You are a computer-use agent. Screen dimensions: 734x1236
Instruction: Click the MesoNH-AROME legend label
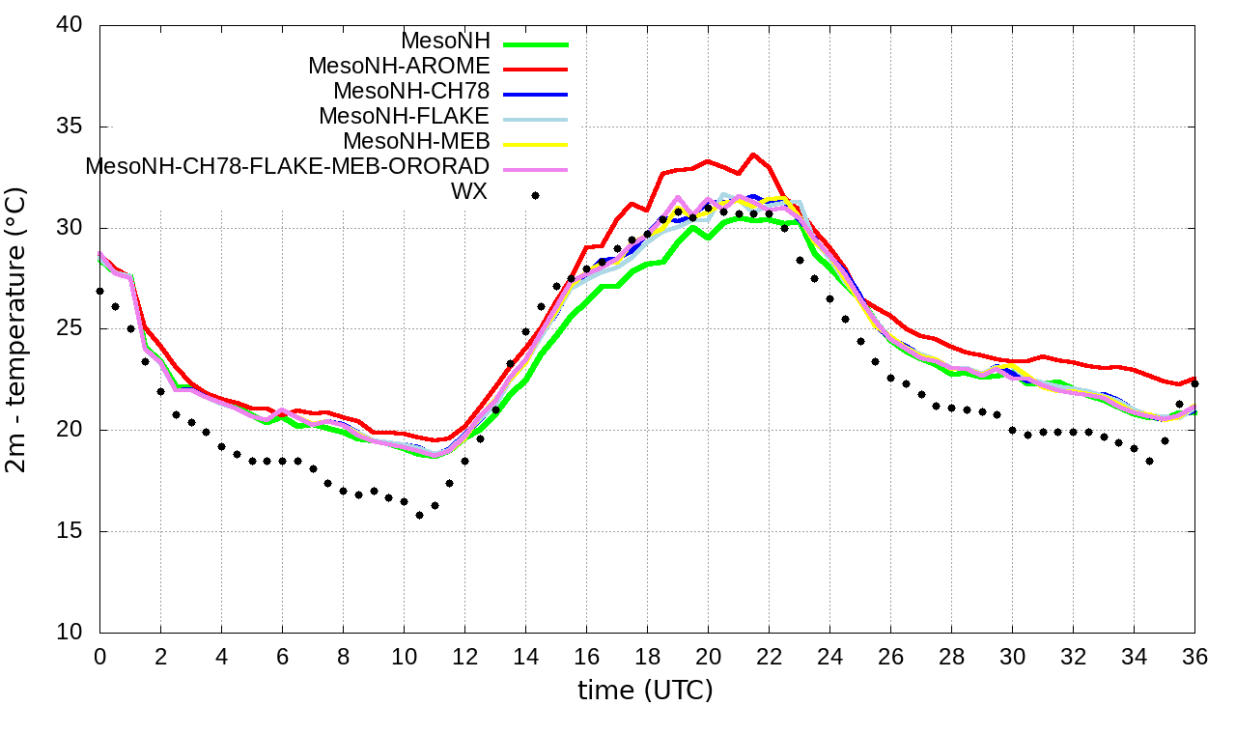[x=399, y=67]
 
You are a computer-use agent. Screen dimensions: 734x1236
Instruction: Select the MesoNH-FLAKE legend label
[x=404, y=117]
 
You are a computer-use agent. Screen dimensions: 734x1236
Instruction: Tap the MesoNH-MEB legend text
[x=417, y=142]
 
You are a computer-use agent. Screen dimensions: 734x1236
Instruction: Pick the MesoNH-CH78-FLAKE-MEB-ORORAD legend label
[x=288, y=166]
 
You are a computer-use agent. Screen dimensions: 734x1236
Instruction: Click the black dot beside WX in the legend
[x=535, y=195]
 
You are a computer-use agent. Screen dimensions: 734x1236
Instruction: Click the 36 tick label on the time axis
[x=1195, y=656]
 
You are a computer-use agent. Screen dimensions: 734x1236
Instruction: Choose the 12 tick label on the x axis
[x=464, y=656]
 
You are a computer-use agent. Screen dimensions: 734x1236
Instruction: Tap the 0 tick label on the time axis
[x=99, y=656]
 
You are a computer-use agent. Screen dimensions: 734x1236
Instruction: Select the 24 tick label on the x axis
[x=829, y=656]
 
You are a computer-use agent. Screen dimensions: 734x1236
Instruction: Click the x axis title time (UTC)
[x=645, y=691]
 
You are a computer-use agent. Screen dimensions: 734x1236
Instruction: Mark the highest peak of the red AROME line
[x=753, y=155]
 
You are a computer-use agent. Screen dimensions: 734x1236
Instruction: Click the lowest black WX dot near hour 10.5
[x=419, y=515]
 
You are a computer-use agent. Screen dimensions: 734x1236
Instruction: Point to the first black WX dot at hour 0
[x=99, y=291]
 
